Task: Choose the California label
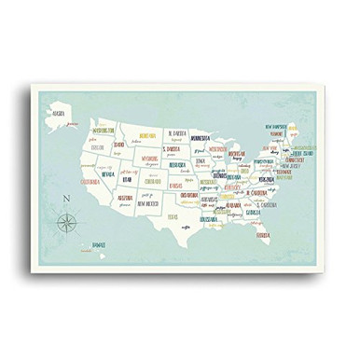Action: (90, 182)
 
